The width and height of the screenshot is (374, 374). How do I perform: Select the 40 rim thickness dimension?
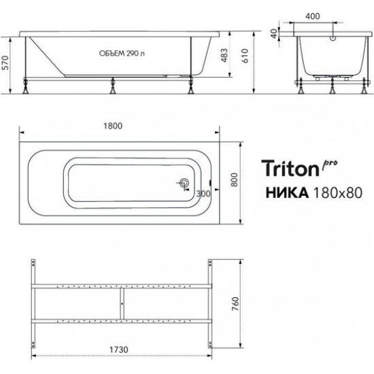(273, 33)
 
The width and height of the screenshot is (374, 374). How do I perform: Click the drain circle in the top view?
(184, 182)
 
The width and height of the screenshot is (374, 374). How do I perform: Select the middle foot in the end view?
(330, 88)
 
